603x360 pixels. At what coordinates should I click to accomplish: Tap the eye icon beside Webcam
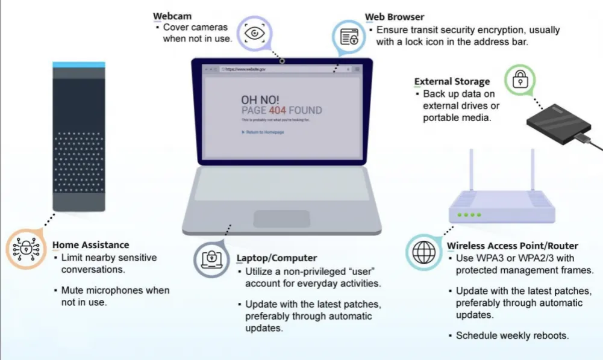253,33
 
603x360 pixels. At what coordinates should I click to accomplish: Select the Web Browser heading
395,17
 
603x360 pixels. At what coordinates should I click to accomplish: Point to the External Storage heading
452,82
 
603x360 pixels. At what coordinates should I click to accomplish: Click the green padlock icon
519,79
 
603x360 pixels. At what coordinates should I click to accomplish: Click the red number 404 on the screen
278,110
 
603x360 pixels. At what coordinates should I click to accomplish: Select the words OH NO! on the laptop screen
260,99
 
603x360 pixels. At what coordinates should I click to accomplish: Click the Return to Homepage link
264,132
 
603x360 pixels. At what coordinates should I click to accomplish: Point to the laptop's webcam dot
282,60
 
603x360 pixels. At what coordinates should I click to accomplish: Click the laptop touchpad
281,219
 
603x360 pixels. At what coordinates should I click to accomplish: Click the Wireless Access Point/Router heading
512,246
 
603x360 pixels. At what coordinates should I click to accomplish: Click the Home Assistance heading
91,245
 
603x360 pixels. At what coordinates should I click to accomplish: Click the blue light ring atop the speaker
78,64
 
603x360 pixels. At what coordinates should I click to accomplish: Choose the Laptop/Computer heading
277,258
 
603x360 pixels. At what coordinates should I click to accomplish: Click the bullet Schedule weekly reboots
512,335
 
